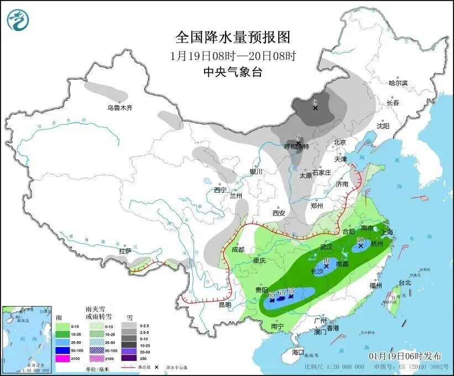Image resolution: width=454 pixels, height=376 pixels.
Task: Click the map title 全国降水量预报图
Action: (232, 37)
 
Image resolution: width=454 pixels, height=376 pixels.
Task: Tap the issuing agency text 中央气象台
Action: (232, 72)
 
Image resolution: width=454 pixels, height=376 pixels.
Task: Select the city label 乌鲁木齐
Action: (120, 107)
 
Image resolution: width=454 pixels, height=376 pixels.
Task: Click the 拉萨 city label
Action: (125, 251)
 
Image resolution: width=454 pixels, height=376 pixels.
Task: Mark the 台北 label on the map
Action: (405, 282)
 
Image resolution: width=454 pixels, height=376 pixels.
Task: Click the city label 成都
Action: (238, 250)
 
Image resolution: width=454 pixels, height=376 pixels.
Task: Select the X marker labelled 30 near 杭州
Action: (361, 244)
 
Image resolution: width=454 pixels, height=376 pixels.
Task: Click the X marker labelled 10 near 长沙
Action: (326, 266)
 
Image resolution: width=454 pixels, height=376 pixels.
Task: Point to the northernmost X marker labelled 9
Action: (315, 108)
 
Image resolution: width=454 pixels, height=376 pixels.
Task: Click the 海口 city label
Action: (298, 352)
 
